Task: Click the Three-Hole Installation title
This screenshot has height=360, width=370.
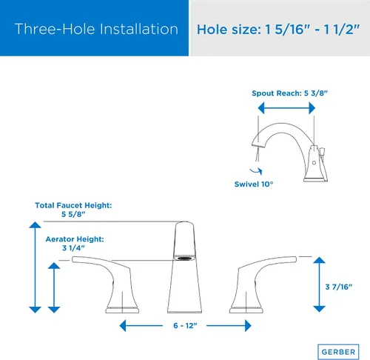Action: pyautogui.click(x=96, y=29)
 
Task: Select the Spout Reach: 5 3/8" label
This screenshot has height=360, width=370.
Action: pyautogui.click(x=289, y=93)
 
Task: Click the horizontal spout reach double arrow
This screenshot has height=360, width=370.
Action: pyautogui.click(x=286, y=108)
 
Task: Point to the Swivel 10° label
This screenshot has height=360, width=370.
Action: pyautogui.click(x=254, y=184)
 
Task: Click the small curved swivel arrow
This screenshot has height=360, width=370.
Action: pyautogui.click(x=256, y=171)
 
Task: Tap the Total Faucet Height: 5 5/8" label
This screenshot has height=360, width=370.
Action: pyautogui.click(x=73, y=210)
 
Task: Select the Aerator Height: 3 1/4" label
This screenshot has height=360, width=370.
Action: pyautogui.click(x=75, y=243)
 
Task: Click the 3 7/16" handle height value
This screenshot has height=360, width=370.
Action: pyautogui.click(x=339, y=287)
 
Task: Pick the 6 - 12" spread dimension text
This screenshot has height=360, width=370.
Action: pyautogui.click(x=185, y=326)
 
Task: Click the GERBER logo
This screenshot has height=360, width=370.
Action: pyautogui.click(x=338, y=352)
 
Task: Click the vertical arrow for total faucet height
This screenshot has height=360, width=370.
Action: pyautogui.click(x=35, y=267)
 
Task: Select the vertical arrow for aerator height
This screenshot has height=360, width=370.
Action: pyautogui.click(x=54, y=287)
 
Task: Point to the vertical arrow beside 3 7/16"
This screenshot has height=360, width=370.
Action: pyautogui.click(x=319, y=284)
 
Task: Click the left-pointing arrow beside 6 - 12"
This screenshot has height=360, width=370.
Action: pyautogui.click(x=141, y=326)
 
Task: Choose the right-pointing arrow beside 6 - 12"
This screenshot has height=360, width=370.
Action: pyautogui.click(x=229, y=326)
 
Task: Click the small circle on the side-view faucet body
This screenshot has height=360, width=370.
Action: pyautogui.click(x=314, y=163)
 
